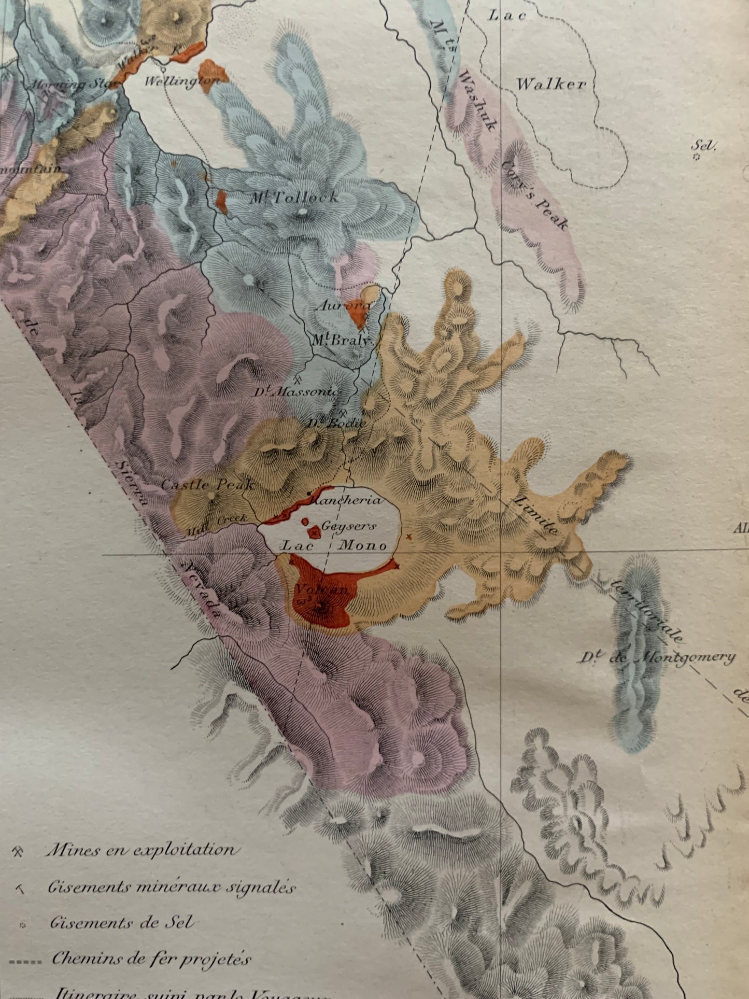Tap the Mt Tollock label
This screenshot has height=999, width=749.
(292, 198)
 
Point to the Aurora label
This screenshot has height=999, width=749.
(343, 306)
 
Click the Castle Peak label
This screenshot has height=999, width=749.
(208, 485)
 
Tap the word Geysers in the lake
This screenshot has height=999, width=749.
(348, 526)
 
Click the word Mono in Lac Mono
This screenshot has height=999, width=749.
(363, 545)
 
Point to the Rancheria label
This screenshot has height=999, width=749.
(347, 500)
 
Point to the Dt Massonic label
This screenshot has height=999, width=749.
(296, 391)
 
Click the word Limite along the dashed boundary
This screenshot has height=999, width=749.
(536, 515)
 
